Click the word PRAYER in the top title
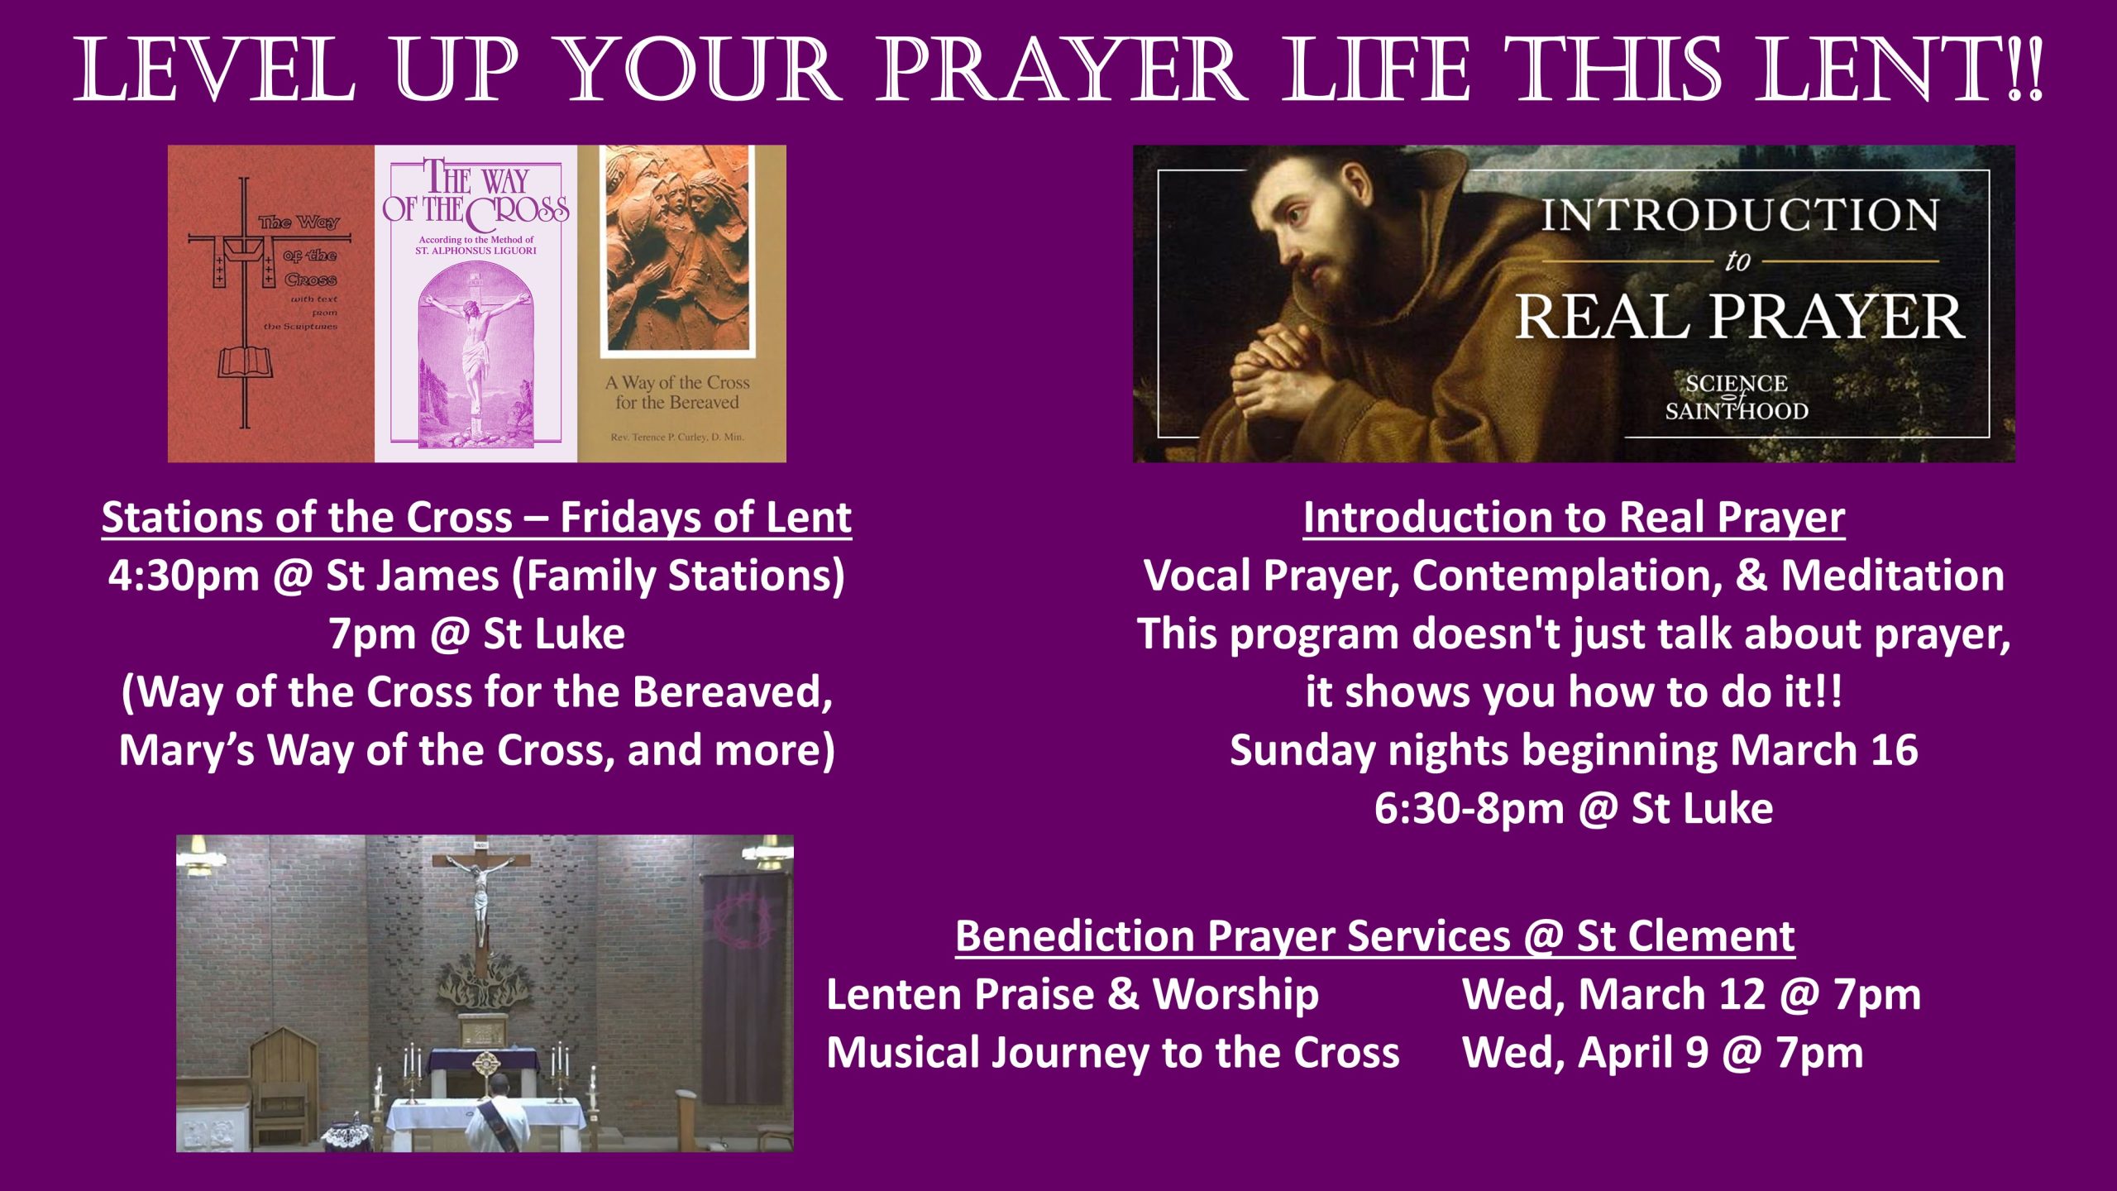pyautogui.click(x=1061, y=69)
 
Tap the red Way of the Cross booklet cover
pyautogui.click(x=271, y=304)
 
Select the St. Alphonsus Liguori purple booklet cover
pyautogui.click(x=476, y=304)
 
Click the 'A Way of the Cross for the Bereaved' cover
pyautogui.click(x=681, y=304)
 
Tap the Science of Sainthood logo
pyautogui.click(x=1737, y=398)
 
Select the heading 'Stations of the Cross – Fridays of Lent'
pyautogui.click(x=476, y=519)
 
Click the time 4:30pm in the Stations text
pyautogui.click(x=184, y=576)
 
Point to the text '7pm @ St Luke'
pyautogui.click(x=476, y=634)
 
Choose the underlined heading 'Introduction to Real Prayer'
pyautogui.click(x=1574, y=519)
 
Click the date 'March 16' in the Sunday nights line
pyautogui.click(x=1823, y=750)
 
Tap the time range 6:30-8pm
pyautogui.click(x=1469, y=809)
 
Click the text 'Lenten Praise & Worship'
pyautogui.click(x=1073, y=995)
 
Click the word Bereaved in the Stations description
pyautogui.click(x=732, y=692)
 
